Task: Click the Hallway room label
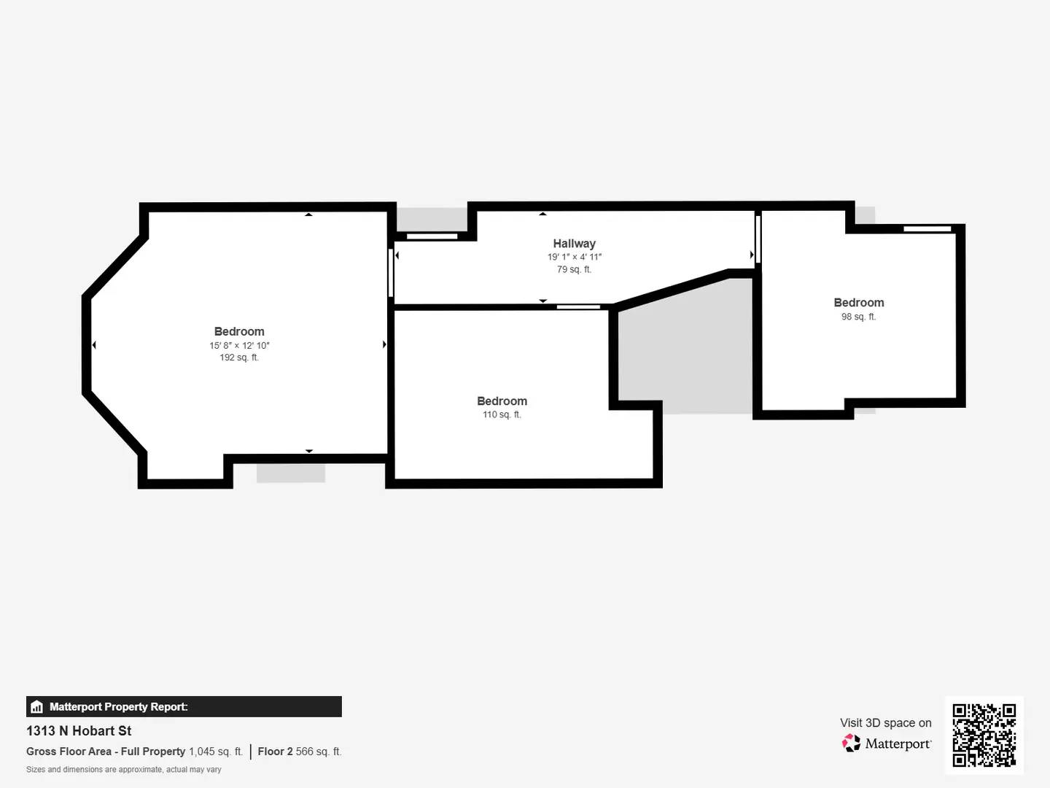[574, 244]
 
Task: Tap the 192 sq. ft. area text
[239, 358]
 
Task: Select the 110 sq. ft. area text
[502, 414]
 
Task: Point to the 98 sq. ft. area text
[858, 317]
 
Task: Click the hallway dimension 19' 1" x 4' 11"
[575, 257]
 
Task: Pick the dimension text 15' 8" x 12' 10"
[239, 345]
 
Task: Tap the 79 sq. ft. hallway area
[574, 269]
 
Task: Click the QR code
[984, 735]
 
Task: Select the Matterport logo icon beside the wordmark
[851, 743]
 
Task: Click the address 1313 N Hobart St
[79, 730]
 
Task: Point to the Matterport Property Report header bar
[184, 706]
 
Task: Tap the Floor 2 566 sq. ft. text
[299, 752]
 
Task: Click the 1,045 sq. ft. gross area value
[216, 752]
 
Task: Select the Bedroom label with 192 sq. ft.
[239, 331]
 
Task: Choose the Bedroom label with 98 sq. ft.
[858, 303]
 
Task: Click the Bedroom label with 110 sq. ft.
[502, 401]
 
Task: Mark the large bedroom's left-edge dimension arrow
[94, 345]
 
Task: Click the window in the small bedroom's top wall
[927, 229]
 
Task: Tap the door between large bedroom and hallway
[391, 273]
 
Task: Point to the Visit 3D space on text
[885, 722]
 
